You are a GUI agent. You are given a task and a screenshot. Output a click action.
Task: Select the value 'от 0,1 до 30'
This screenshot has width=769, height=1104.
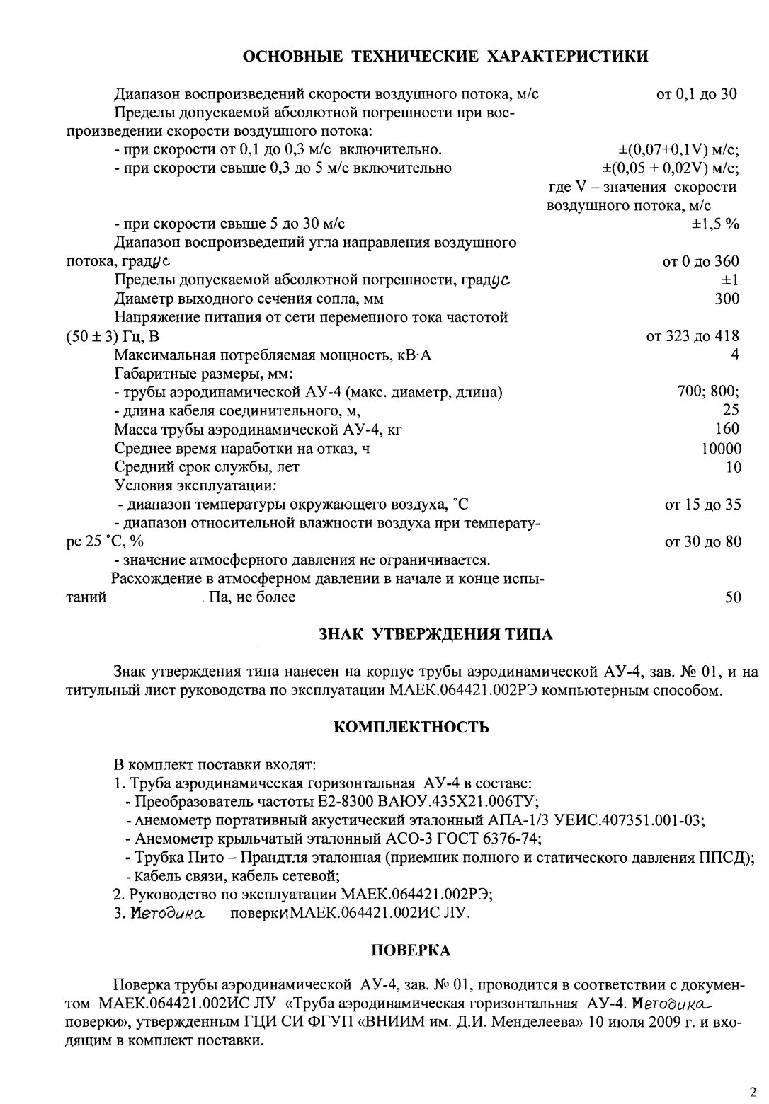pos(697,94)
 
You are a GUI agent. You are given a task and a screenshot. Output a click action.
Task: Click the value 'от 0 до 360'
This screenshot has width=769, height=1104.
pos(700,262)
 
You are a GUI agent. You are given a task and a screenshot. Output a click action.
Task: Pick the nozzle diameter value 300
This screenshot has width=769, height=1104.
pos(727,299)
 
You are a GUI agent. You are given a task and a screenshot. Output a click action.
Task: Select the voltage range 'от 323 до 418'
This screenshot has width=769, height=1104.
pos(693,336)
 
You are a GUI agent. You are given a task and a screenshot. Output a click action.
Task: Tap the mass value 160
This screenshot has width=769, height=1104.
pos(727,429)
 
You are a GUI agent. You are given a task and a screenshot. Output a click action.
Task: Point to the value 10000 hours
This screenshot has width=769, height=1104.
pos(721,449)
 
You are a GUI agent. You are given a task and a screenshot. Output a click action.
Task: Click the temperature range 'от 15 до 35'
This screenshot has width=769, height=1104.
pos(702,505)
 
